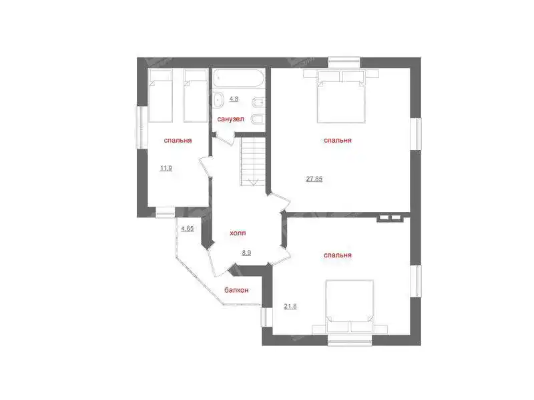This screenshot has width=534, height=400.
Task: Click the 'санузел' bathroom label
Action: click(230, 119)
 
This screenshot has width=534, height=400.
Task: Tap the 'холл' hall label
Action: click(238, 233)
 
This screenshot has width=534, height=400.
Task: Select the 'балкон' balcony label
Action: click(236, 290)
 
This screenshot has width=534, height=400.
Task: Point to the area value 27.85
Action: click(314, 179)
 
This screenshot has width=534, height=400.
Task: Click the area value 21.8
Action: click(290, 306)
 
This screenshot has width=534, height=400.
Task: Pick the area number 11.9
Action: click(166, 168)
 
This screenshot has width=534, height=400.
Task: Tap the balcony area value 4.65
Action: click(188, 228)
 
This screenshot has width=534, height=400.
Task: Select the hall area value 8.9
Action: click(246, 253)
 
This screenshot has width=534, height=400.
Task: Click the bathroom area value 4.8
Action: click(234, 99)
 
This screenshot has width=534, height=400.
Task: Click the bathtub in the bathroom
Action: click(238, 78)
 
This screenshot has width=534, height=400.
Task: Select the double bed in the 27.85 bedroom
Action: click(341, 97)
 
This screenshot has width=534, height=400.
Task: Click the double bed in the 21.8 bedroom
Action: click(349, 306)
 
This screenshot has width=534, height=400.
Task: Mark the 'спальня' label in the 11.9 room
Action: click(178, 140)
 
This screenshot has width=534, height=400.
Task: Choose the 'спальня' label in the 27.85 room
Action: click(338, 140)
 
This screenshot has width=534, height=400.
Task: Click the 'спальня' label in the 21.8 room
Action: click(338, 255)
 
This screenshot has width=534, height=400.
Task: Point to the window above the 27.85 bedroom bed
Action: click(344, 62)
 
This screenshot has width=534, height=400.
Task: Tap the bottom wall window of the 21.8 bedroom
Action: click(350, 341)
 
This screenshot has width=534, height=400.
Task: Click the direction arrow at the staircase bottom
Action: click(253, 182)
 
